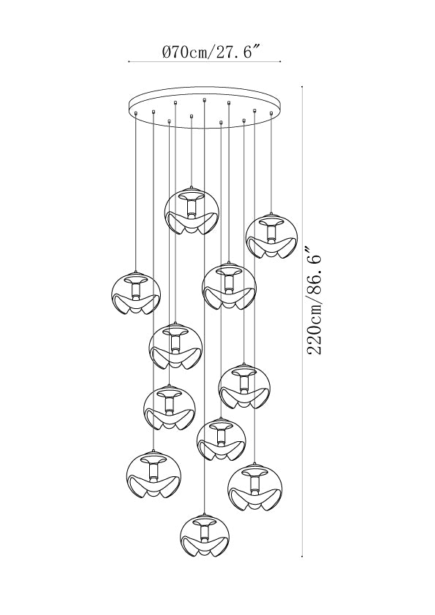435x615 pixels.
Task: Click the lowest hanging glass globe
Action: (x=205, y=539)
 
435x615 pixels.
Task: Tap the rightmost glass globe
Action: (x=271, y=237)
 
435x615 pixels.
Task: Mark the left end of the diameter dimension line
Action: (x=129, y=61)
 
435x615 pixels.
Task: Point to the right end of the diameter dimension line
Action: (x=281, y=61)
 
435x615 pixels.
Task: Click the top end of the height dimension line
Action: (x=302, y=87)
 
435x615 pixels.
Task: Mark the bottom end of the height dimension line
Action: (x=302, y=556)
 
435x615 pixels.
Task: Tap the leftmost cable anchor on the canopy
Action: (x=136, y=113)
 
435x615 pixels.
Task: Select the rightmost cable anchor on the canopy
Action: (x=271, y=113)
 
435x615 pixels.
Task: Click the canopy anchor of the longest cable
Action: (x=205, y=99)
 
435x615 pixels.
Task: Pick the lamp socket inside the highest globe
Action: (x=192, y=206)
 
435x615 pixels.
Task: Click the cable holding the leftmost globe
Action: (x=136, y=193)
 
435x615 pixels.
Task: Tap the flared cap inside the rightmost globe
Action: (x=271, y=222)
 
